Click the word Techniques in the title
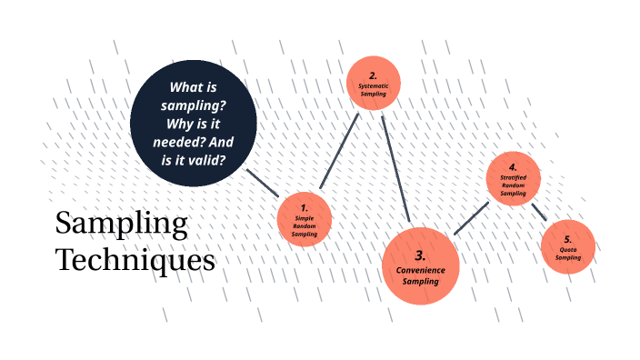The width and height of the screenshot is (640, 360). pyautogui.click(x=135, y=260)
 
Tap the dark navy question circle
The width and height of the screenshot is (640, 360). pyautogui.click(x=191, y=125)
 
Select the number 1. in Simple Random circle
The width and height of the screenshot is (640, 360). pyautogui.click(x=304, y=207)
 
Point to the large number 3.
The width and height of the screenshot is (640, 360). pyautogui.click(x=420, y=255)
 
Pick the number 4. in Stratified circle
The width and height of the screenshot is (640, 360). pyautogui.click(x=513, y=167)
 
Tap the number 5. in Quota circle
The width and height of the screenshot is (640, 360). pyautogui.click(x=567, y=238)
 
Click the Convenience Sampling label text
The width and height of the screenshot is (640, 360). pyautogui.click(x=421, y=275)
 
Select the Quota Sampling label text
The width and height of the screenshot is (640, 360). pyautogui.click(x=567, y=253)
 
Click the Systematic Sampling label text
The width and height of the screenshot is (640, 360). pyautogui.click(x=373, y=89)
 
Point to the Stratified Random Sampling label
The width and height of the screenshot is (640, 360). pyautogui.click(x=513, y=185)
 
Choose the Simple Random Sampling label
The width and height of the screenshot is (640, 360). pyautogui.click(x=304, y=226)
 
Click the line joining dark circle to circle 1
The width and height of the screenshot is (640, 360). pyautogui.click(x=263, y=182)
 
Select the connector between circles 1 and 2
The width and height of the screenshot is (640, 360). pyautogui.click(x=338, y=151)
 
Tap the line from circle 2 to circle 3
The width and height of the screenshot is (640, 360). pyautogui.click(x=396, y=168)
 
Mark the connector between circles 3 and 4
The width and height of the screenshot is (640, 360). pyautogui.click(x=471, y=218)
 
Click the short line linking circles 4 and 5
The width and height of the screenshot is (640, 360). pyautogui.click(x=538, y=210)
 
